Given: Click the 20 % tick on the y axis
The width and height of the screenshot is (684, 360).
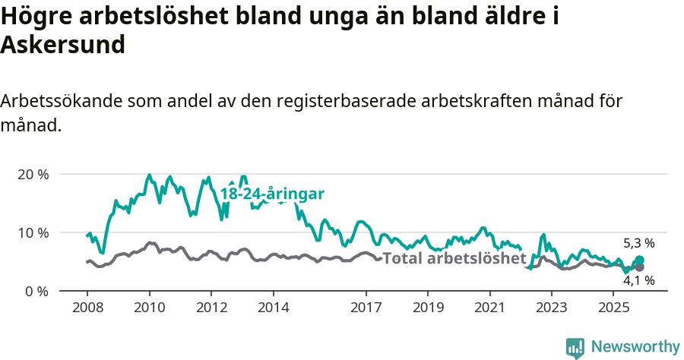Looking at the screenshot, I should (x=33, y=174).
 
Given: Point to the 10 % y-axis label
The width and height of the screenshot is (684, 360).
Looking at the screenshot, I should (x=33, y=232).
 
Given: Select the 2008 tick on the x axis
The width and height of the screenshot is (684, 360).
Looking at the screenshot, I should (x=87, y=308).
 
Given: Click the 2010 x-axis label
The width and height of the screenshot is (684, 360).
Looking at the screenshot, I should (x=150, y=308).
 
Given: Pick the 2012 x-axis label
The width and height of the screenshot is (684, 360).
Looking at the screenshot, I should (x=212, y=308).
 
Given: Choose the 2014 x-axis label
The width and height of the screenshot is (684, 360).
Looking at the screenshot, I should (x=274, y=308).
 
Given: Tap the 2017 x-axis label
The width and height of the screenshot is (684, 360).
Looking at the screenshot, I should (x=366, y=308).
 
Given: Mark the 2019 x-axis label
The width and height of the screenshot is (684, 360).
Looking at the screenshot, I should (x=428, y=308).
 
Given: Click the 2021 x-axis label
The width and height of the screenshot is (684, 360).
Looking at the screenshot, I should (x=490, y=308).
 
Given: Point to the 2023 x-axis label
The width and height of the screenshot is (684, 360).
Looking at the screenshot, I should (x=552, y=308).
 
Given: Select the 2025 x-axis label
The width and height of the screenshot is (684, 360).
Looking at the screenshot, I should (x=613, y=308).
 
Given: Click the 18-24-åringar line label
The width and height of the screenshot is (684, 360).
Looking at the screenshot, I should (x=272, y=194).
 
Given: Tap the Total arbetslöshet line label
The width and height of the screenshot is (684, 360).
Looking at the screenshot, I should (x=454, y=258).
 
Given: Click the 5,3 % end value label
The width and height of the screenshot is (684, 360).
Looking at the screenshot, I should (x=638, y=244).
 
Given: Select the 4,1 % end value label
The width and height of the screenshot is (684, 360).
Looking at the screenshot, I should (x=638, y=280).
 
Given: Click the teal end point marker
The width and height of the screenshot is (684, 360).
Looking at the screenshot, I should (x=639, y=261).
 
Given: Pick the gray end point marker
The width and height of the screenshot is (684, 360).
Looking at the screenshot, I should (x=639, y=267).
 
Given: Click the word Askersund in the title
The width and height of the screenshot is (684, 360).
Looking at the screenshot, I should (x=63, y=45).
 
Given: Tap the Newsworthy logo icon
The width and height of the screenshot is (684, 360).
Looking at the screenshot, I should (x=575, y=347).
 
